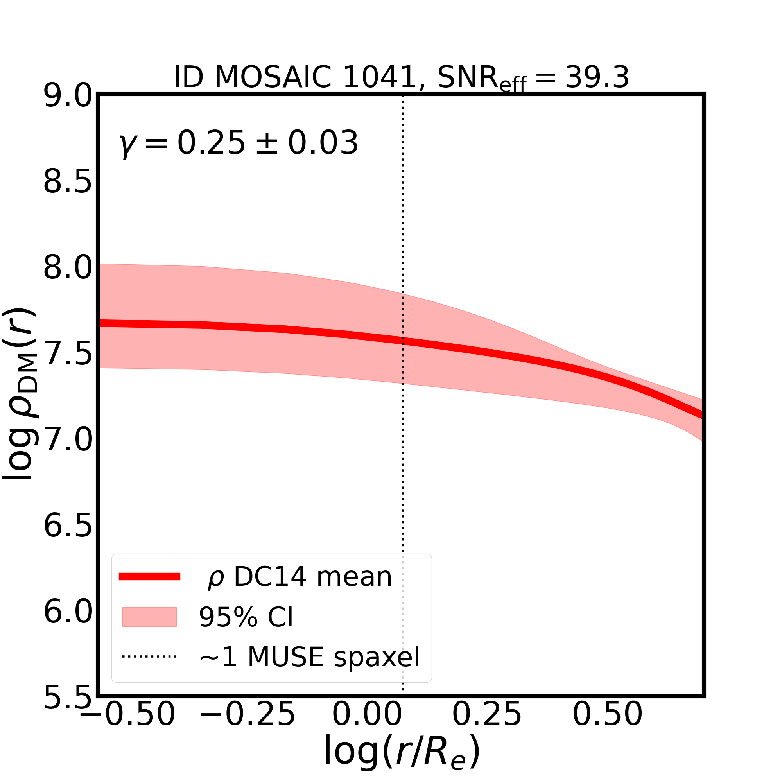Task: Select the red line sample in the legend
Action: click(x=149, y=577)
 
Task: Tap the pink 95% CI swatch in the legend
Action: click(x=149, y=617)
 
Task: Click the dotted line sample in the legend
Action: click(x=149, y=656)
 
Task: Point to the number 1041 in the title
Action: click(x=379, y=77)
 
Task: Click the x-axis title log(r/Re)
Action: click(x=402, y=751)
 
